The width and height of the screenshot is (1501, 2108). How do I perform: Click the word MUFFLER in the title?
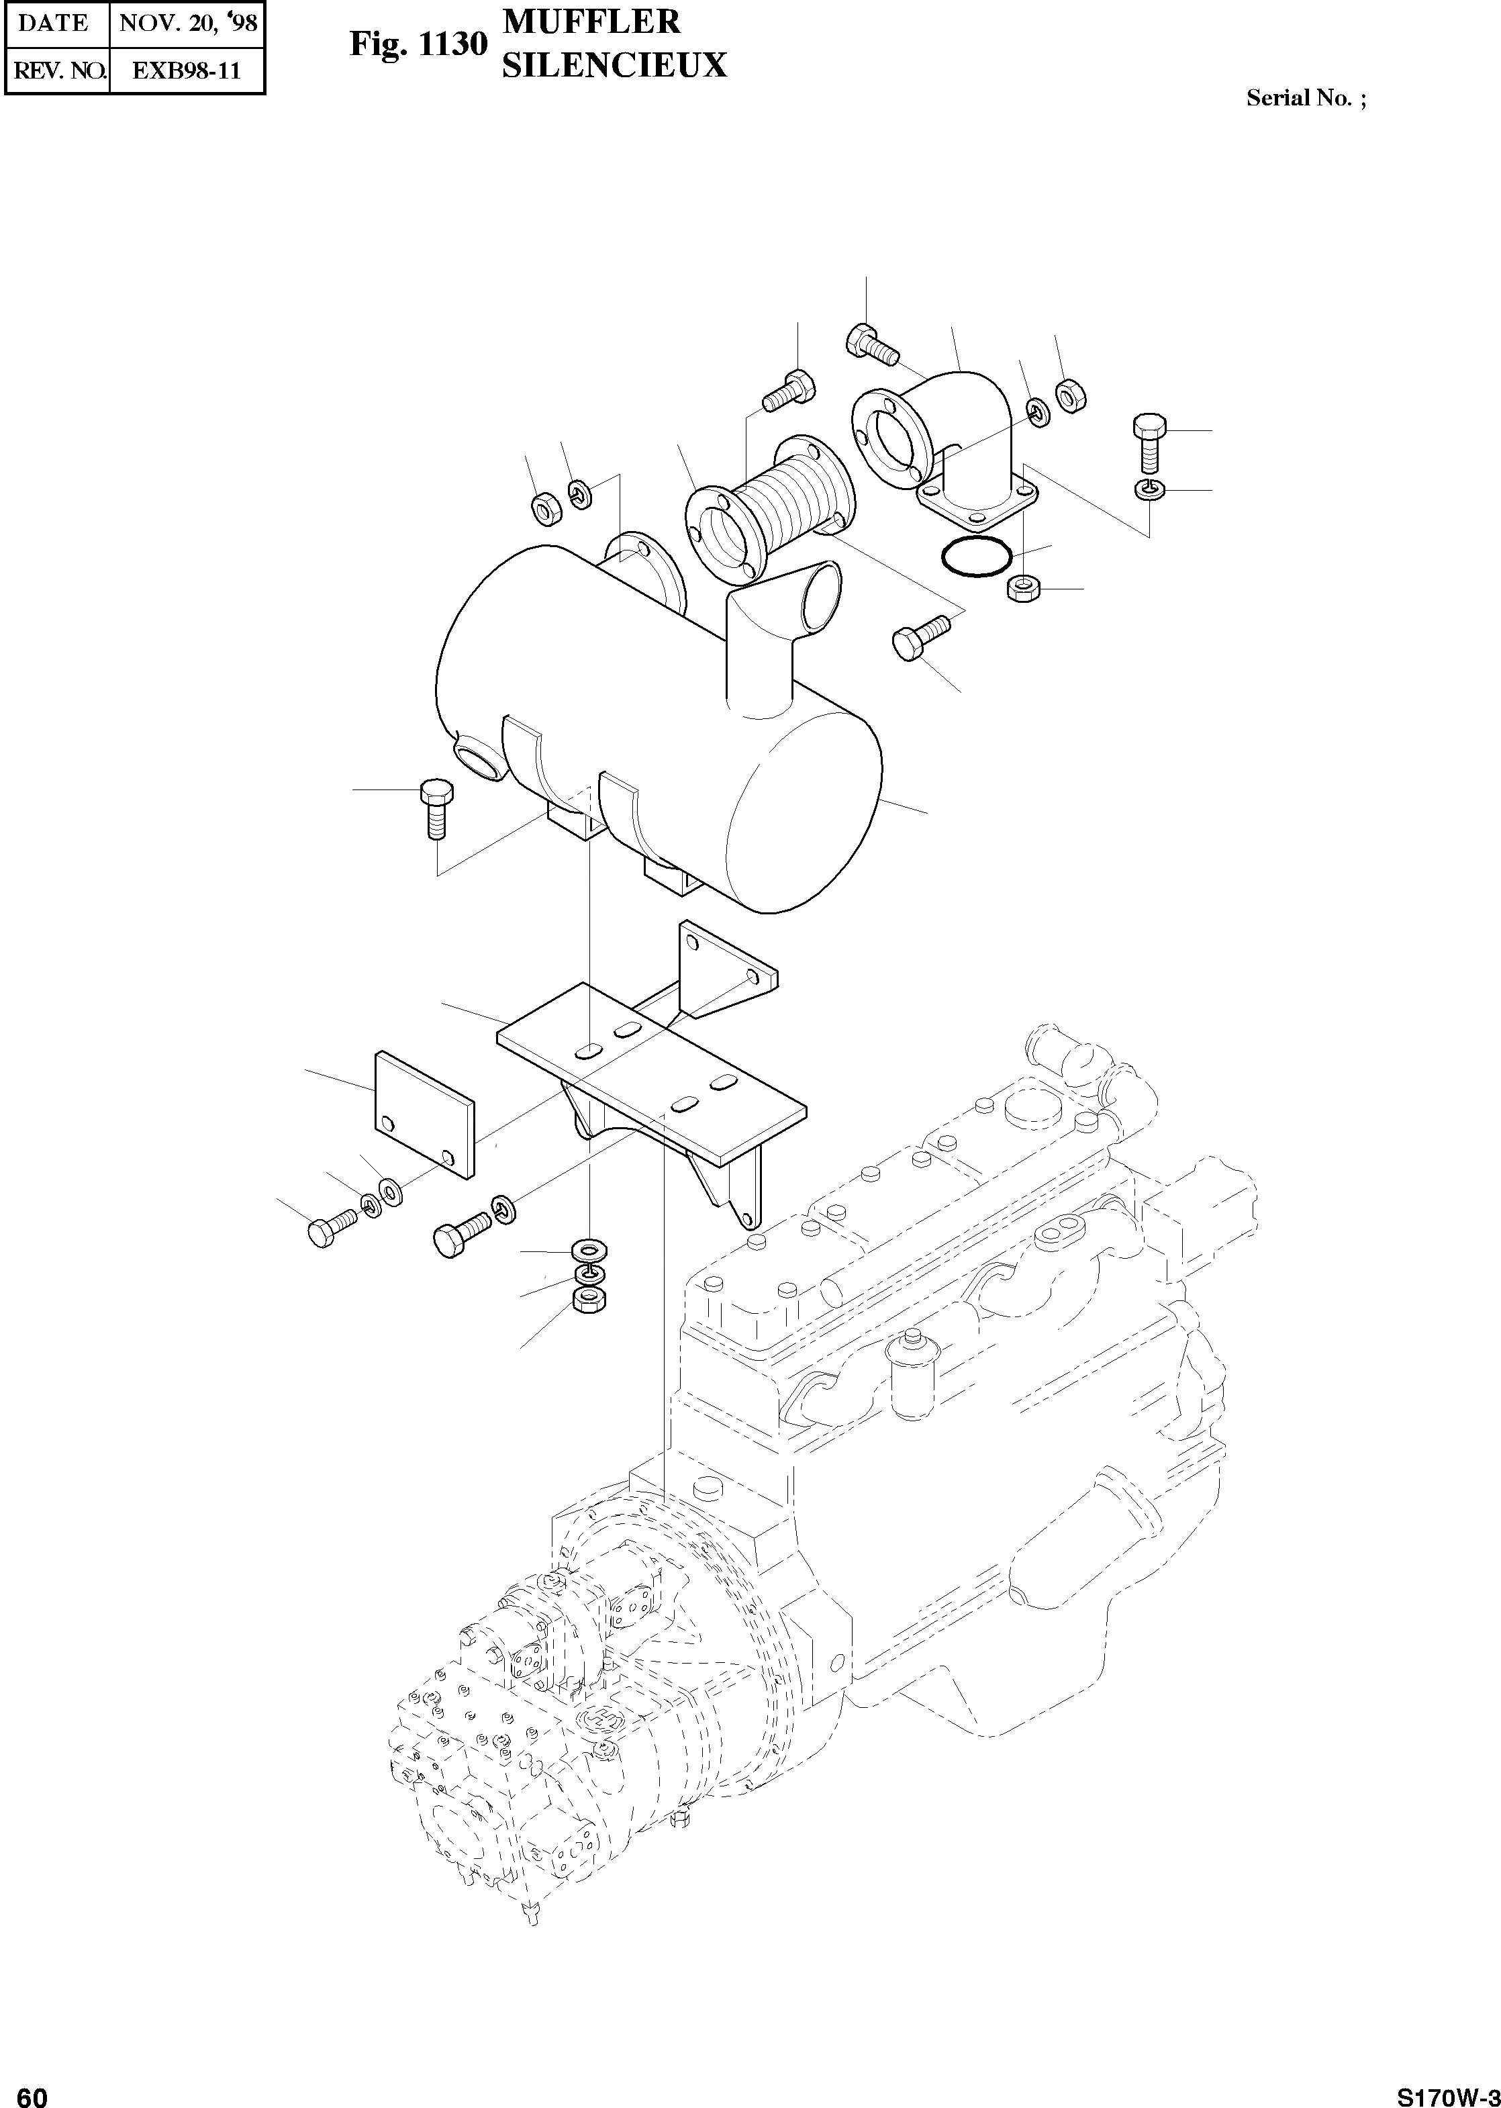click(591, 21)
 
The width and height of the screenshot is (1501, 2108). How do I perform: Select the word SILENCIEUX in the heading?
click(614, 64)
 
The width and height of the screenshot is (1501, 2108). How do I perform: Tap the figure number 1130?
click(453, 44)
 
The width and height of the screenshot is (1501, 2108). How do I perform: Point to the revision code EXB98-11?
click(187, 71)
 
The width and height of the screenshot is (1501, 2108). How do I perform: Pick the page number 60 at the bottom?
click(32, 2091)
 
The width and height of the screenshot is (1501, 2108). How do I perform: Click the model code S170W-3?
click(1447, 2091)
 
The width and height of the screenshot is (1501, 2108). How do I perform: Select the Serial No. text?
click(1305, 98)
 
